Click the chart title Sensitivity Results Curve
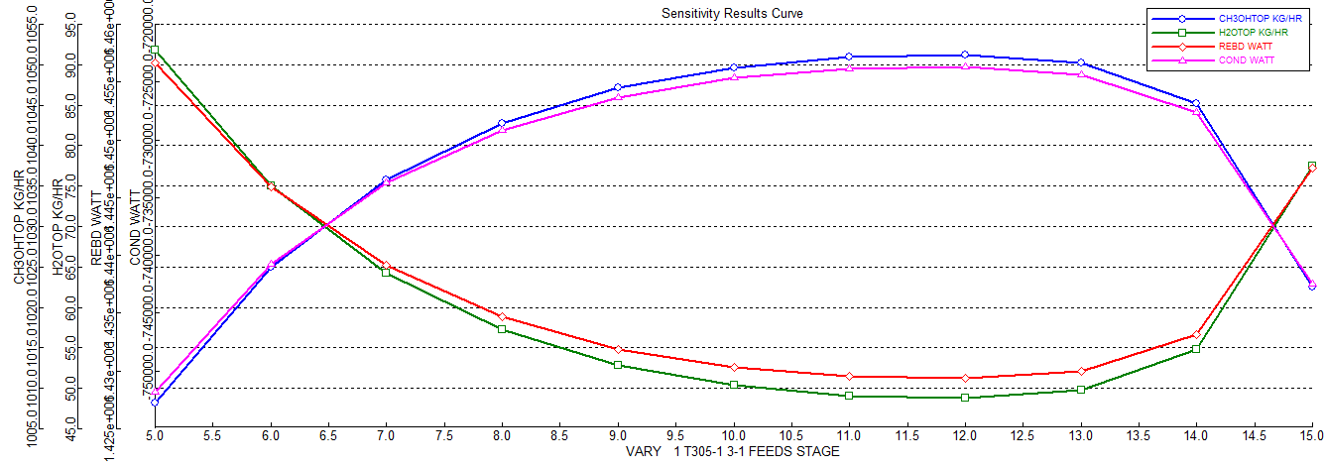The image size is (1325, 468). [732, 13]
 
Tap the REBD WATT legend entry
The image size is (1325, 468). [1219, 46]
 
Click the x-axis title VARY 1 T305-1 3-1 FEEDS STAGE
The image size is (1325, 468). [732, 452]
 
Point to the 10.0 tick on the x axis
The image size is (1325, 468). [734, 435]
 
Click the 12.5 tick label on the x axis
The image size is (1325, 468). [1024, 435]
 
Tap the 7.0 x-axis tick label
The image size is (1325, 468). [386, 435]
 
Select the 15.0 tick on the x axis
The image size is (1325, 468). [1311, 435]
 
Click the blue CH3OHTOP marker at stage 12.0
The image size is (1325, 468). [965, 56]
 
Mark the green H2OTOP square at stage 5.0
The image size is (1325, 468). [155, 50]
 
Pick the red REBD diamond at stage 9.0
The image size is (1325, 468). [618, 349]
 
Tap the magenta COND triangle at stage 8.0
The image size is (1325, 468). [502, 129]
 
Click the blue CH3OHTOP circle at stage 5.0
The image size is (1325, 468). [155, 402]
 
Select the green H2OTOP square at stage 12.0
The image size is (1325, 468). [965, 398]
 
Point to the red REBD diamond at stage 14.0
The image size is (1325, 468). [1196, 334]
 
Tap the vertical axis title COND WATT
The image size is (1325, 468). [136, 229]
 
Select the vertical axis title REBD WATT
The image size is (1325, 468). [96, 229]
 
